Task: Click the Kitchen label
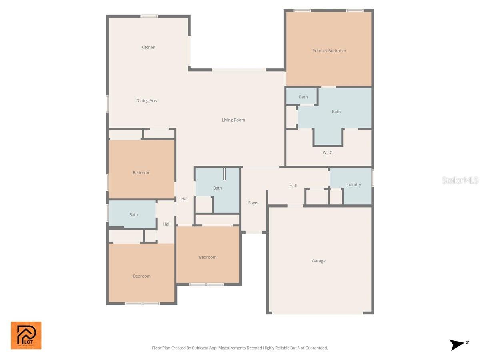point(148,47)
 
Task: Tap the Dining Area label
point(147,101)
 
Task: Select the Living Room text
point(233,120)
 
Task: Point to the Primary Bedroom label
point(329,51)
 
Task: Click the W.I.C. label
point(328,153)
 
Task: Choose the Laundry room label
point(353,185)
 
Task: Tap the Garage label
point(318,261)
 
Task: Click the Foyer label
point(253,203)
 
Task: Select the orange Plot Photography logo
point(26,335)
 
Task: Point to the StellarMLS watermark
point(460,180)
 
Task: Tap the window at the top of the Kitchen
point(149,16)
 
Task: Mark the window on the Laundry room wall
point(372,178)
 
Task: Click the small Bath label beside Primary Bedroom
point(303,97)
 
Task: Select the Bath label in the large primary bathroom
point(336,112)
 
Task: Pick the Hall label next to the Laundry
point(293,186)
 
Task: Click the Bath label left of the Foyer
point(217,188)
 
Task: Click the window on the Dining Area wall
point(107,103)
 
